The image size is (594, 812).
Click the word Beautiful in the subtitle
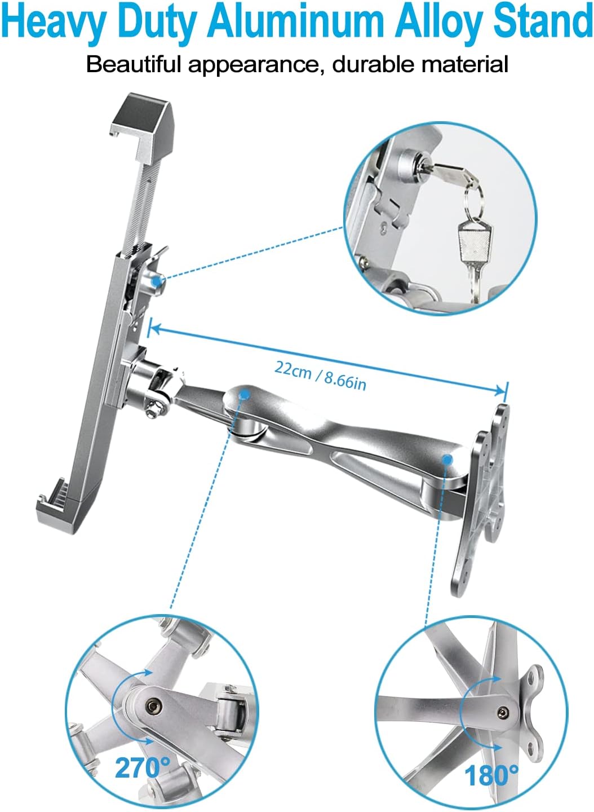coord(134,64)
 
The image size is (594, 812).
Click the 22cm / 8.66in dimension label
coord(320,376)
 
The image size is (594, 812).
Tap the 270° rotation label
coord(142,767)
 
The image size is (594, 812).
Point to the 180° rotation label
coord(491,776)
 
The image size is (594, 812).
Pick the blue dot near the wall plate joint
coord(447,460)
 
